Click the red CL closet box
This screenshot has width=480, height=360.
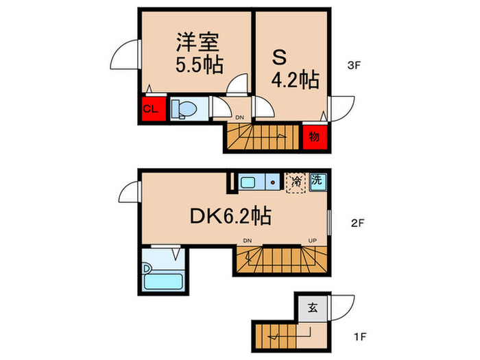coord(152,109)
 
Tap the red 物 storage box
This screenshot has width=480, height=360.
coord(313,136)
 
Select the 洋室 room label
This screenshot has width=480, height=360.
coord(197,43)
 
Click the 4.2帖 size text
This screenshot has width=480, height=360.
coord(296,80)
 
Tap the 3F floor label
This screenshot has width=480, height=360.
coord(353,67)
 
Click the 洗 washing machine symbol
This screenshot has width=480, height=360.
coord(317,181)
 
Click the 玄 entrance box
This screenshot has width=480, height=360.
coord(312,308)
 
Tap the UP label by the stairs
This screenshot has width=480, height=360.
coord(313,240)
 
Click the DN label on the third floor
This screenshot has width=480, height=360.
coord(239,118)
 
